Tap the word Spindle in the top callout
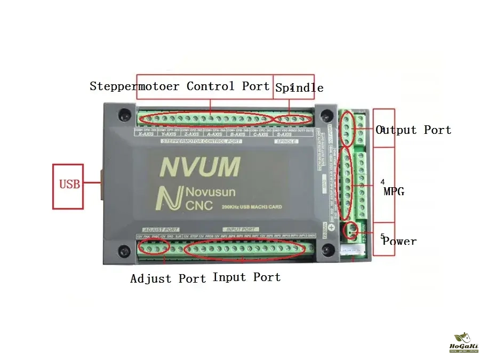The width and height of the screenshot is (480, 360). (299, 87)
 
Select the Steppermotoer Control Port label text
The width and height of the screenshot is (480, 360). (180, 86)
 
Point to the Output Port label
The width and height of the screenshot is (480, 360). (413, 130)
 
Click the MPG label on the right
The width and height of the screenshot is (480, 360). (394, 191)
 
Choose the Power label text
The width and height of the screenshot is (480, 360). (399, 241)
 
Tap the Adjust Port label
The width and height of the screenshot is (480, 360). (168, 278)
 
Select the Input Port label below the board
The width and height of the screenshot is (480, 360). (246, 277)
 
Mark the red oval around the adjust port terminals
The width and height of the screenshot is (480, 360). (154, 246)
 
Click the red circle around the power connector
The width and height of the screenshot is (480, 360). (351, 230)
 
